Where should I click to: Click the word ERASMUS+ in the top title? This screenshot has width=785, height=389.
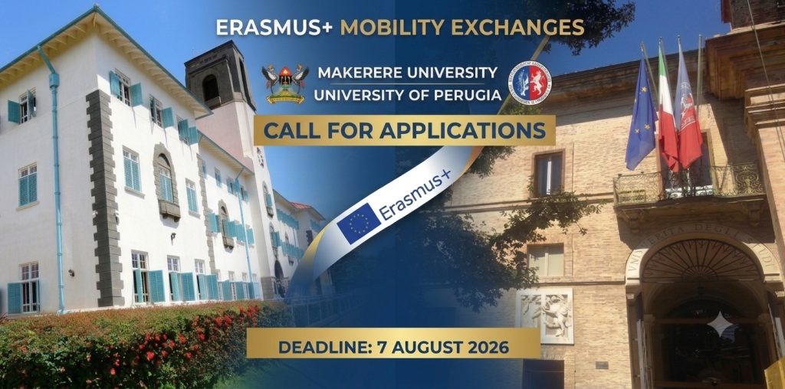tap(274, 28)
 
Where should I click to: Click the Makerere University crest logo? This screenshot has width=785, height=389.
tap(285, 83)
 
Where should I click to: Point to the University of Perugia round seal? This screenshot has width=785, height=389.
tap(529, 83)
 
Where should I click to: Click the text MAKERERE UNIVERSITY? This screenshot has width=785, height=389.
tap(408, 73)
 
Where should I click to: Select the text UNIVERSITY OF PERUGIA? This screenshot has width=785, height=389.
tap(408, 94)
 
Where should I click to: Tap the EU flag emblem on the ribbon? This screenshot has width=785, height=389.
tap(358, 224)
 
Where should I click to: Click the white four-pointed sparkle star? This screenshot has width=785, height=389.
tap(721, 324)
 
